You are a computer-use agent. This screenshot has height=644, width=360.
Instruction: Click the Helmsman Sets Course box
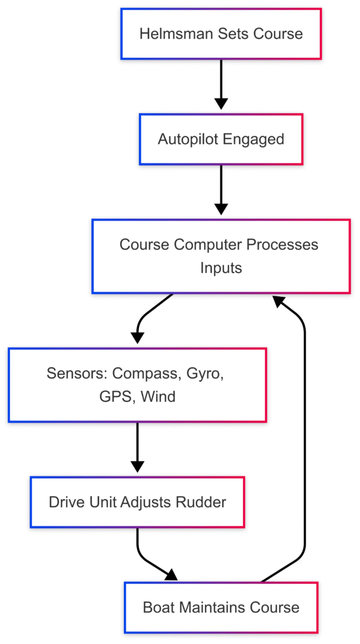221,33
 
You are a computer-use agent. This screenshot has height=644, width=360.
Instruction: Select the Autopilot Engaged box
221,139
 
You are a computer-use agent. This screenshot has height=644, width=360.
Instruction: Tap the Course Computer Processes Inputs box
221,256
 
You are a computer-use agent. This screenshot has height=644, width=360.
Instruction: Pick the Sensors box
137,385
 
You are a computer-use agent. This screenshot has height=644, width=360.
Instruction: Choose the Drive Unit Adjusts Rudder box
137,502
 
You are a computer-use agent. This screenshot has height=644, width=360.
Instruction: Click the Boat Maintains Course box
221,608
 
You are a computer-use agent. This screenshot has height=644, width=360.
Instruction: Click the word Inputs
221,268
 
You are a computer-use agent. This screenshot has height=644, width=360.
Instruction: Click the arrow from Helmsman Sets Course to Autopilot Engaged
221,84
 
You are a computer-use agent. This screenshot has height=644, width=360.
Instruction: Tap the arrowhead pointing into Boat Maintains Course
172,575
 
